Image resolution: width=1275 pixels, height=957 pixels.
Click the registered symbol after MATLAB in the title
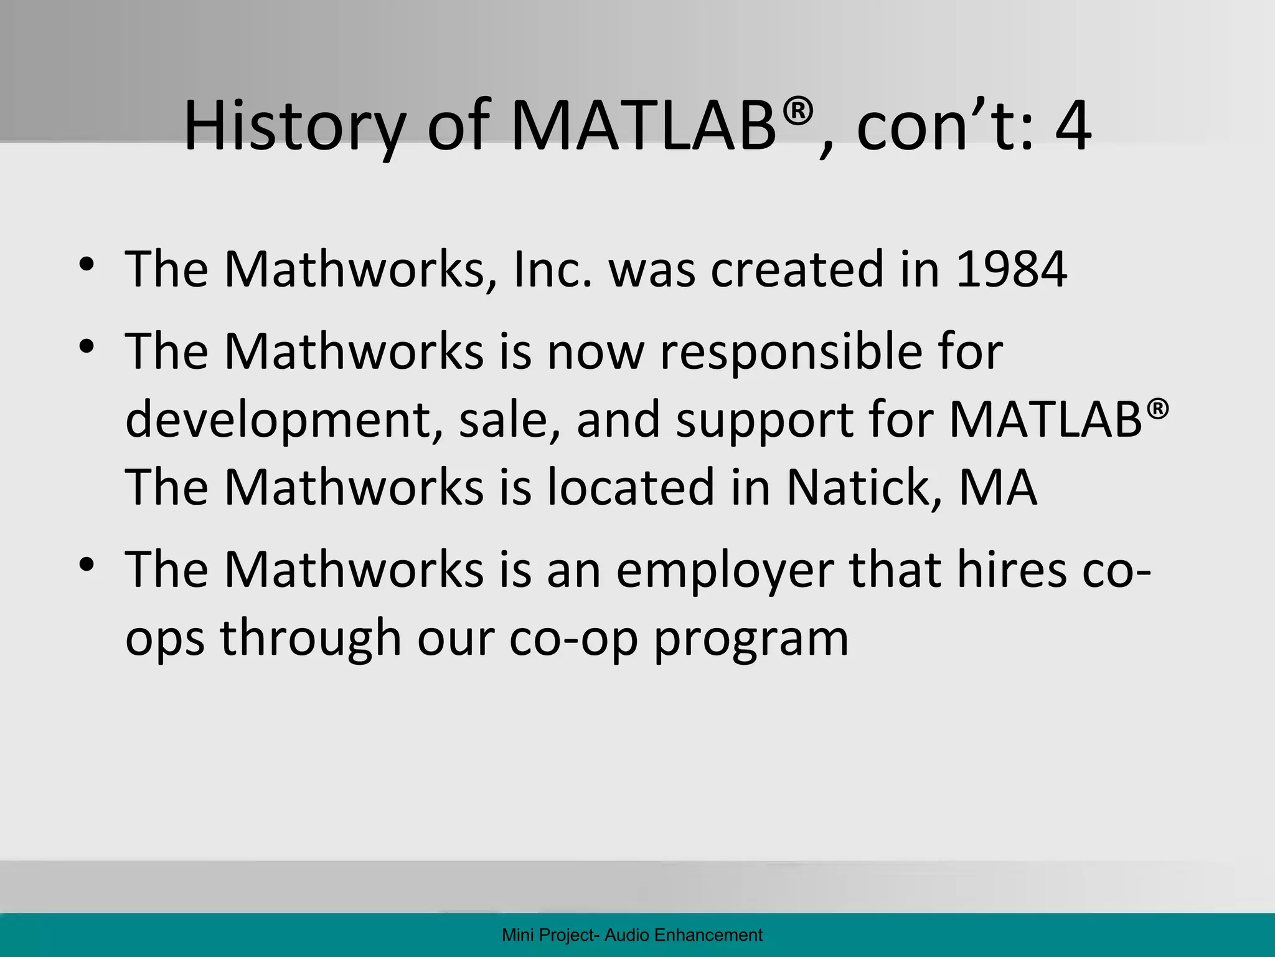pyautogui.click(x=798, y=112)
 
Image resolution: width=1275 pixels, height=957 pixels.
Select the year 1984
pyautogui.click(x=1011, y=269)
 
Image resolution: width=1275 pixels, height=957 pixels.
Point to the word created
pyautogui.click(x=797, y=269)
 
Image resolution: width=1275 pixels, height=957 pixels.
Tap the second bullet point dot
pyautogui.click(x=87, y=346)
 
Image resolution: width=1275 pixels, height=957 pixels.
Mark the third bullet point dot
pyautogui.click(x=87, y=564)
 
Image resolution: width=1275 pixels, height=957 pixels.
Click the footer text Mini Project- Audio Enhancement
pyautogui.click(x=632, y=935)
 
